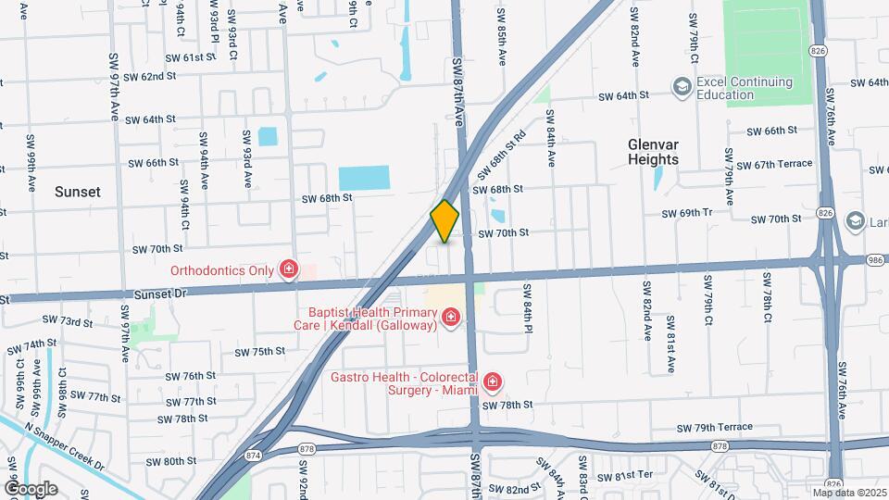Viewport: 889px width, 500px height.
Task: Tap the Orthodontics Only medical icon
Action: point(290,270)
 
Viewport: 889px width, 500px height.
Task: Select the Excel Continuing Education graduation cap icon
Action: point(682,87)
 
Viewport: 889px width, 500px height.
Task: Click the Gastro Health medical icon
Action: point(493,381)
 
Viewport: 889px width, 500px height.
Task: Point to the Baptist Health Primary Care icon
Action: point(451,319)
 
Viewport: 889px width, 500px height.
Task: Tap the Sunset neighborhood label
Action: point(77,192)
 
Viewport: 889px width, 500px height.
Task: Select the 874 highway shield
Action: point(252,454)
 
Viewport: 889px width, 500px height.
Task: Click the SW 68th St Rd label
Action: point(501,155)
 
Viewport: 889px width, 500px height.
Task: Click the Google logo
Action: point(31,488)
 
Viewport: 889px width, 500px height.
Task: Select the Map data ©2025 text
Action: point(849,493)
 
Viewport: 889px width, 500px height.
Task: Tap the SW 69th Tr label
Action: point(686,214)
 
